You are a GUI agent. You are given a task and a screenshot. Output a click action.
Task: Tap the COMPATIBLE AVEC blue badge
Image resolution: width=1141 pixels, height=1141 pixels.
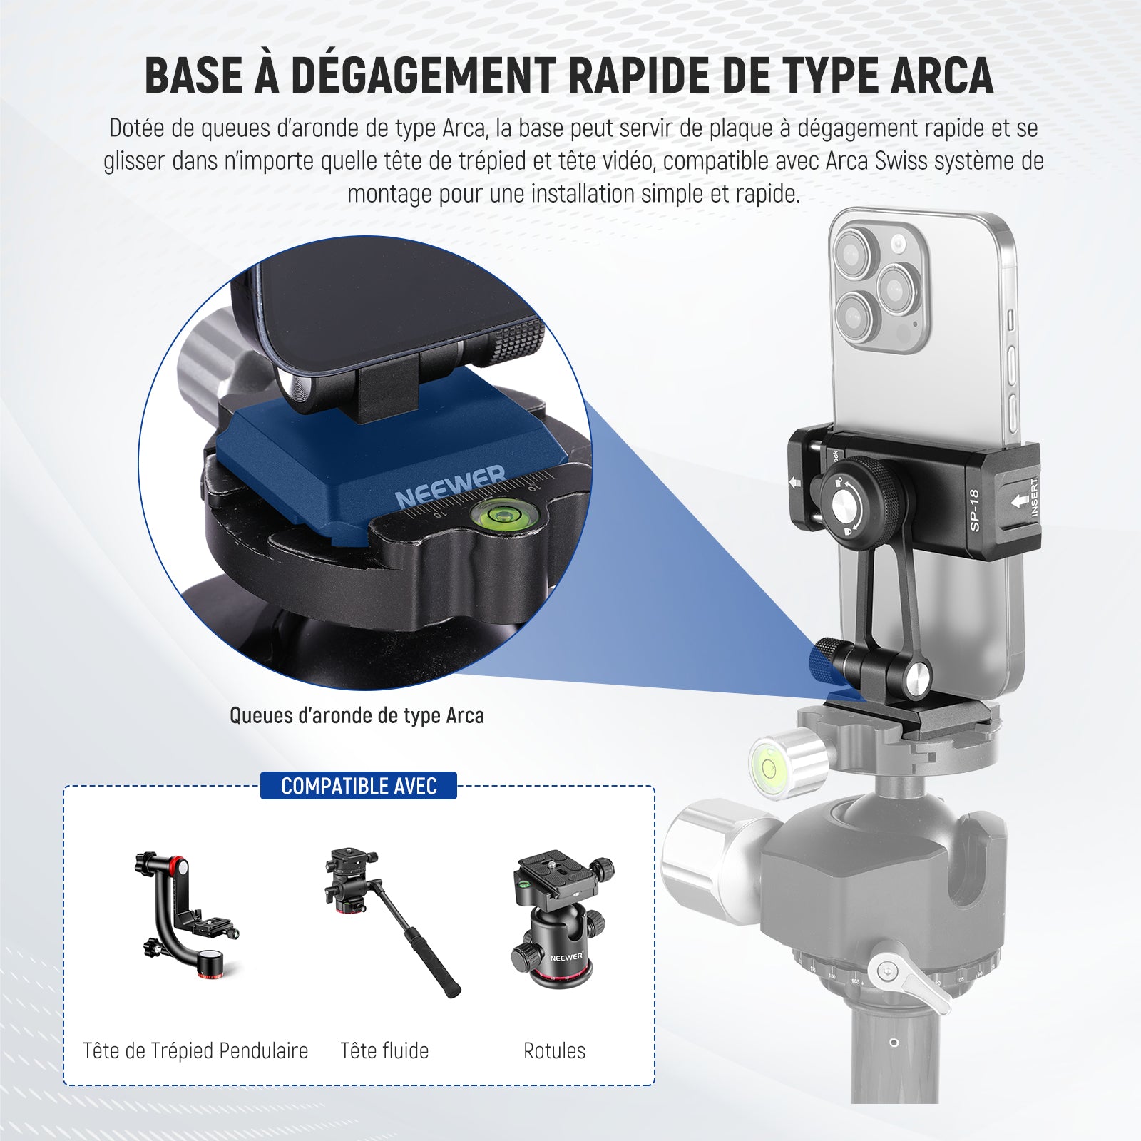coord(359,786)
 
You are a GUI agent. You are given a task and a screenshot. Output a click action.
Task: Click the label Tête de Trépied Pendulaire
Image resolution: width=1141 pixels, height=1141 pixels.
coord(195,1050)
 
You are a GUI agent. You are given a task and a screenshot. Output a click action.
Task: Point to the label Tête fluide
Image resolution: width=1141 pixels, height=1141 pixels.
coord(384,1050)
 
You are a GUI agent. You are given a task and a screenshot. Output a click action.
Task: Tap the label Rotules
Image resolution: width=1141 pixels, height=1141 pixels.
coord(554,1050)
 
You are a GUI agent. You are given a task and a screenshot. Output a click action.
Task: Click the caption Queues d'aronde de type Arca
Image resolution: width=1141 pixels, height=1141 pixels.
coord(357,715)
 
